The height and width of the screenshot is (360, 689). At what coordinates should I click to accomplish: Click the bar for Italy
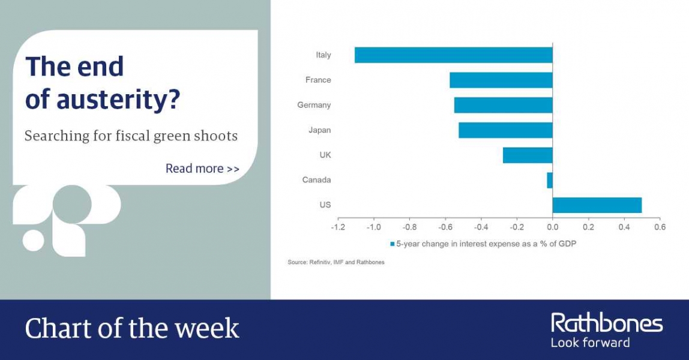coord(454,55)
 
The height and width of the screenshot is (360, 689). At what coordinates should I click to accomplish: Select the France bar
coord(501,80)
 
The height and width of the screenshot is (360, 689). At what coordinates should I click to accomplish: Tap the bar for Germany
coord(503,105)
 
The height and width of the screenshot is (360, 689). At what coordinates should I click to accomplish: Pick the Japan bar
coord(505,130)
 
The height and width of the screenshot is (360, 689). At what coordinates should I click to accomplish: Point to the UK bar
coord(528,155)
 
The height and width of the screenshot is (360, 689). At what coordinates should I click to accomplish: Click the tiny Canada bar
coord(550,180)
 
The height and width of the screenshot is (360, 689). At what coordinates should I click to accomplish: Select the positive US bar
coord(597,205)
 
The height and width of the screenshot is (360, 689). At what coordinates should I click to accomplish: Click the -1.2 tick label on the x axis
coord(338,227)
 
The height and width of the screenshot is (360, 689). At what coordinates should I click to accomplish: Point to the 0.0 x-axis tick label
coord(552,227)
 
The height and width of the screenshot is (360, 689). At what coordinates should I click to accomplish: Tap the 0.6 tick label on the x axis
coord(660,227)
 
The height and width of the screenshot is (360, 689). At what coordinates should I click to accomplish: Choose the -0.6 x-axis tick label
coord(445,227)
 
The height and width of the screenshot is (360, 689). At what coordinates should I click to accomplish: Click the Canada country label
coord(316,180)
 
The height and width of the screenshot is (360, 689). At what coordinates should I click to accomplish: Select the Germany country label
coord(314,106)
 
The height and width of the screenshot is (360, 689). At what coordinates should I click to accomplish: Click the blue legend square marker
coord(393,244)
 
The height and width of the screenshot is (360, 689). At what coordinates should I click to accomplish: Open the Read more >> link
coord(203,169)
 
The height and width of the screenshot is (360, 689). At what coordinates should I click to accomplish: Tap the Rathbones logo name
coord(607,323)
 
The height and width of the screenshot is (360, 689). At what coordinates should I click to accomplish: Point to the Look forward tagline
coord(590,343)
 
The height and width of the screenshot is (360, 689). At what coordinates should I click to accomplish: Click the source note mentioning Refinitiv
coord(335,262)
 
